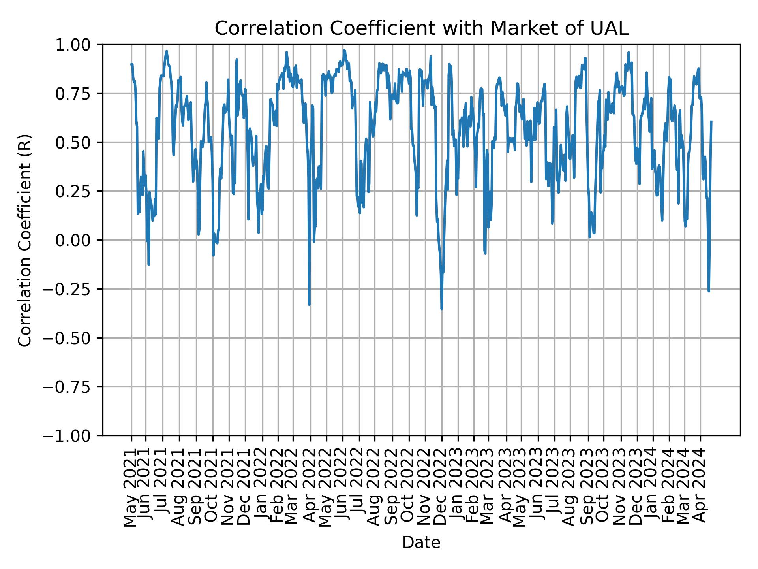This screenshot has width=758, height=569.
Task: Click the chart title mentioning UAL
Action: pos(421,28)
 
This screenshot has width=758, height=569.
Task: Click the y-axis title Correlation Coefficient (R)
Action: pos(25,240)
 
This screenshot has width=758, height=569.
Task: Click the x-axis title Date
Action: pos(421,543)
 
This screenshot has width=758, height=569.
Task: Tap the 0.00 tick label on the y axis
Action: pos(77,240)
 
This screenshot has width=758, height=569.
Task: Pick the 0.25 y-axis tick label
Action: pos(77,191)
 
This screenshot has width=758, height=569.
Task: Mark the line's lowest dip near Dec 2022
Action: pos(441,309)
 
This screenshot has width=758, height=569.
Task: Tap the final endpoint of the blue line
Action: pos(711,121)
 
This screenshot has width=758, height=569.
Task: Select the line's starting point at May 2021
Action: pos(131,64)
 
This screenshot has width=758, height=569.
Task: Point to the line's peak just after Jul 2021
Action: pos(167,51)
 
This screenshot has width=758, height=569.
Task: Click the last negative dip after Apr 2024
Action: pos(709,291)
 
